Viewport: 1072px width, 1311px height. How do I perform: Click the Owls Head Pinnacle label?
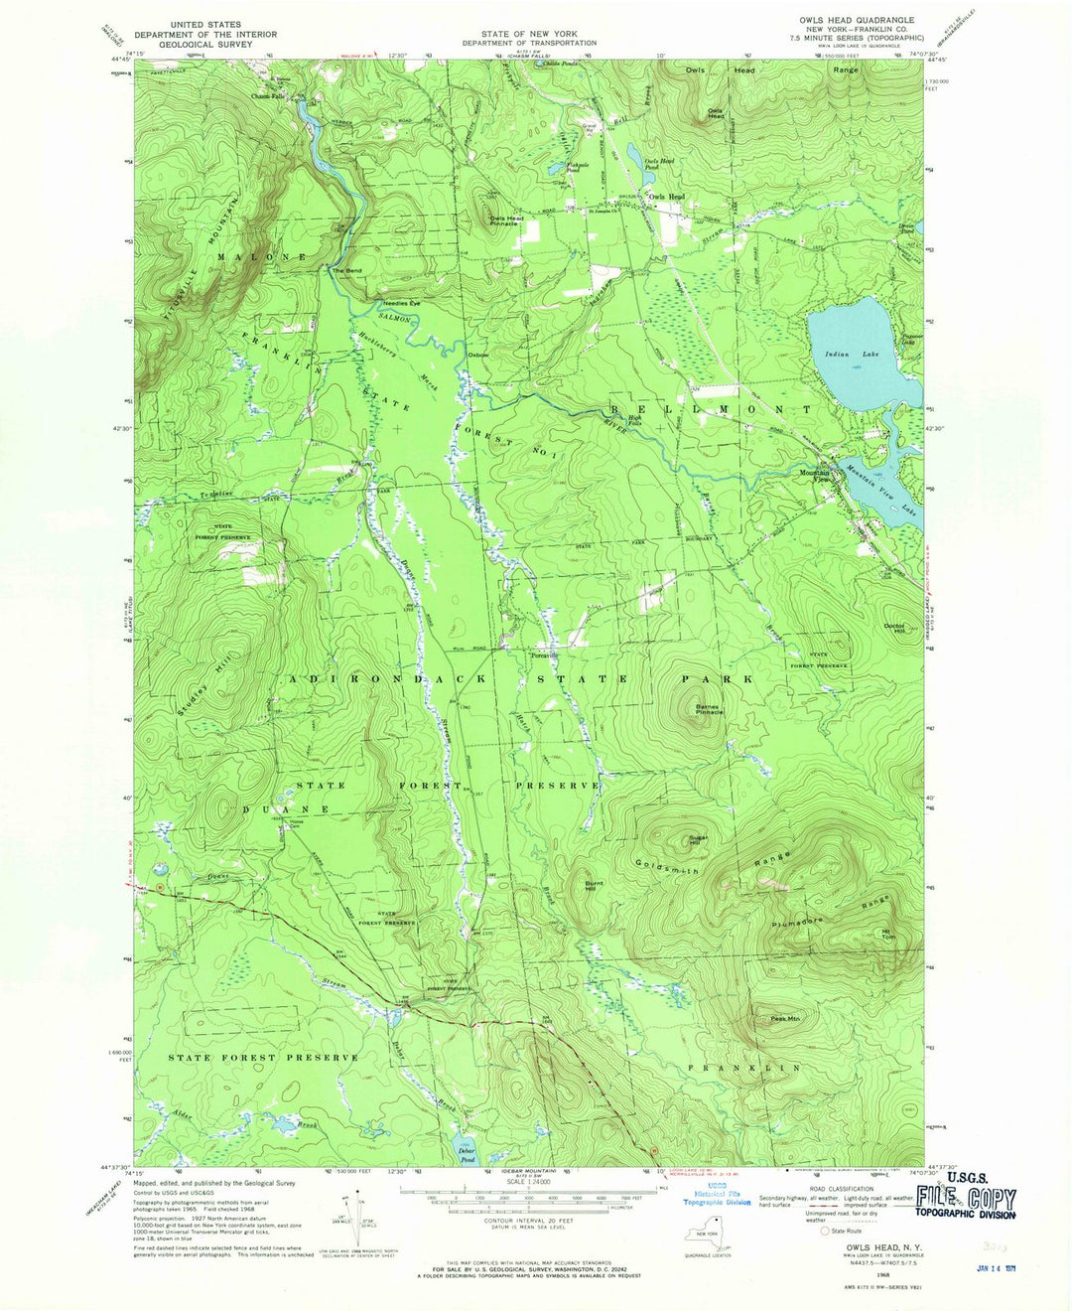(504, 220)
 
